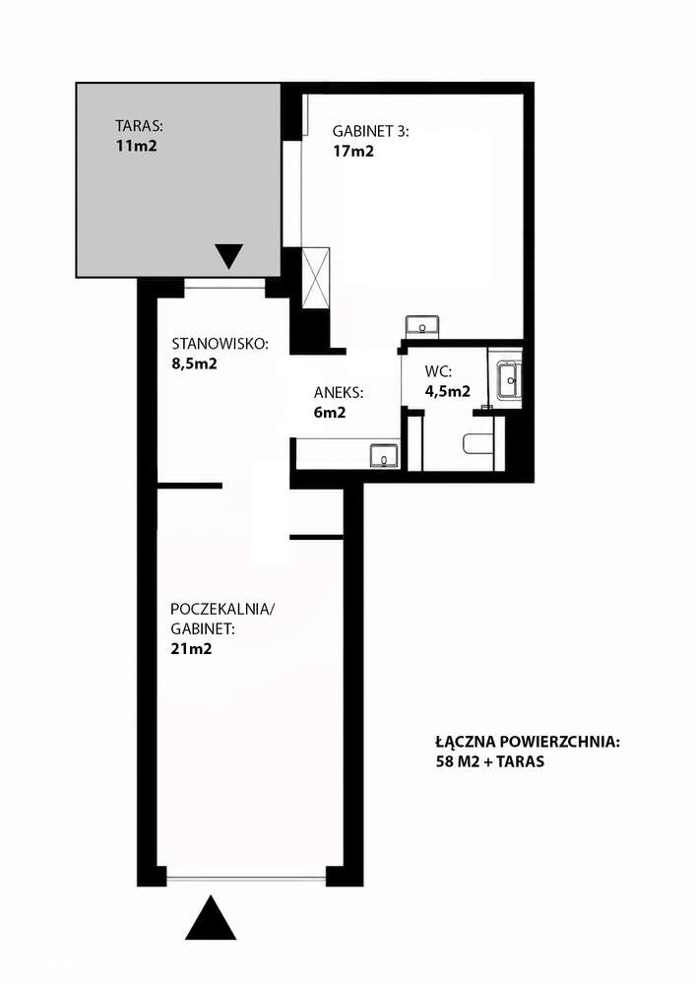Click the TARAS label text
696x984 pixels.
[x=139, y=125]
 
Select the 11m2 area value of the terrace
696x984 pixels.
[x=136, y=146]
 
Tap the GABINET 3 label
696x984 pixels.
[x=370, y=131]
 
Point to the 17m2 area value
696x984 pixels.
[x=353, y=152]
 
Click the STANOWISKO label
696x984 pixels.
[x=221, y=344]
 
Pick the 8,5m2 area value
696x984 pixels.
[x=194, y=363]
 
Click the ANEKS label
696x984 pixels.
[x=339, y=393]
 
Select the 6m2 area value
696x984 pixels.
[x=330, y=413]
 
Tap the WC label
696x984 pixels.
[x=438, y=371]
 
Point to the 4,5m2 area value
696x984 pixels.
[x=448, y=391]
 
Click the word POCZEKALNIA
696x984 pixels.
[x=222, y=609]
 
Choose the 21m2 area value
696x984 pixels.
[x=191, y=649]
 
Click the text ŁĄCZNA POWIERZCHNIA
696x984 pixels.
[x=528, y=742]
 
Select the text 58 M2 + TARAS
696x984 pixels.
[x=490, y=761]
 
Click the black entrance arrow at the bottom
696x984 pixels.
[x=212, y=917]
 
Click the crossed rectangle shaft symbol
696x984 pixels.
[x=315, y=278]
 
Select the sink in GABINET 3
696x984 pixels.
[x=422, y=326]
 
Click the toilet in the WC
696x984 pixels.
[x=478, y=444]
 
